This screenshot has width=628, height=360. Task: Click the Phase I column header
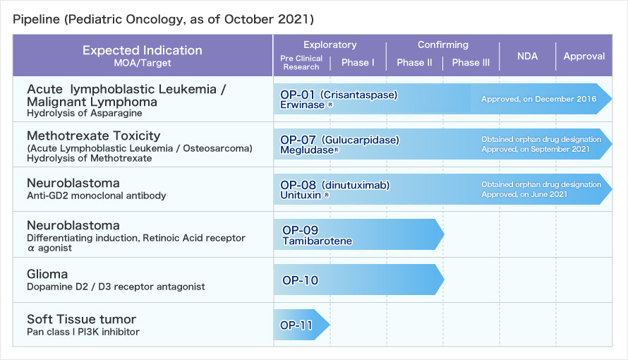(x=358, y=62)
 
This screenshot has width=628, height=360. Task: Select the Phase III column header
(x=471, y=62)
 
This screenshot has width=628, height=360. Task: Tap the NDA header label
(x=527, y=56)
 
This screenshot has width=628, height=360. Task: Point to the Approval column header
(x=584, y=56)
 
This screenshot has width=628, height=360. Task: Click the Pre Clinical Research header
(x=301, y=62)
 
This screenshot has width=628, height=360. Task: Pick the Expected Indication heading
(x=142, y=50)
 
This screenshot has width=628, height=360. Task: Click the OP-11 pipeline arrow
(x=301, y=325)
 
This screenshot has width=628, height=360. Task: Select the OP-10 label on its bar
(x=300, y=280)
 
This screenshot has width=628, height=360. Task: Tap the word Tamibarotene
(x=318, y=241)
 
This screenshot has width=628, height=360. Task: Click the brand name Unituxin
(x=301, y=195)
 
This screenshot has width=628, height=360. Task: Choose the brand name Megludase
(x=307, y=150)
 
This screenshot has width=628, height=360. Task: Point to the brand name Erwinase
(x=303, y=105)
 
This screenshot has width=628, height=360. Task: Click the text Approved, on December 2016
(x=538, y=99)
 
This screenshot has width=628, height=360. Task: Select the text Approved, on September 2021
(x=535, y=150)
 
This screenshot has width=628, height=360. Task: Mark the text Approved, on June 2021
(x=524, y=195)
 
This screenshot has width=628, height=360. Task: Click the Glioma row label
(x=47, y=274)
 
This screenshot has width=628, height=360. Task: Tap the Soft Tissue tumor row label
(x=81, y=319)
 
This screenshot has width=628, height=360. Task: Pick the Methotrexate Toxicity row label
(x=93, y=136)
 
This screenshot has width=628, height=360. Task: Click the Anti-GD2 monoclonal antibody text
(x=96, y=196)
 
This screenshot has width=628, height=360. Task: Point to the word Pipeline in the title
(x=36, y=19)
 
